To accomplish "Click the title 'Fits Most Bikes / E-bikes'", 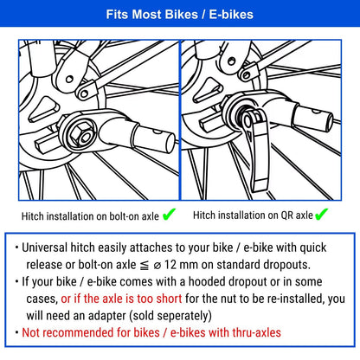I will [x=179, y=15].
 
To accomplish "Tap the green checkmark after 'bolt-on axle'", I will [x=169, y=213].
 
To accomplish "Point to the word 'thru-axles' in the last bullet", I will [x=253, y=332].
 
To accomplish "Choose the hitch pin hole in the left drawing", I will [x=155, y=135].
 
